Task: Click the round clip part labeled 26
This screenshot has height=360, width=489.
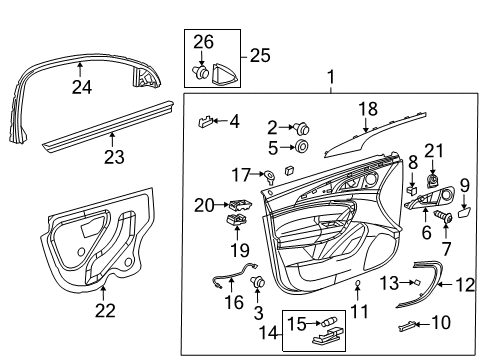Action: pyautogui.click(x=203, y=71)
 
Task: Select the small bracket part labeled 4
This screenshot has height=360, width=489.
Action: pyautogui.click(x=206, y=122)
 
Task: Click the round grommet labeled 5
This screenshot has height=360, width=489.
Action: pyautogui.click(x=301, y=147)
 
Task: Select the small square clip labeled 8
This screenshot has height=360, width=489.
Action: pyautogui.click(x=411, y=186)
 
